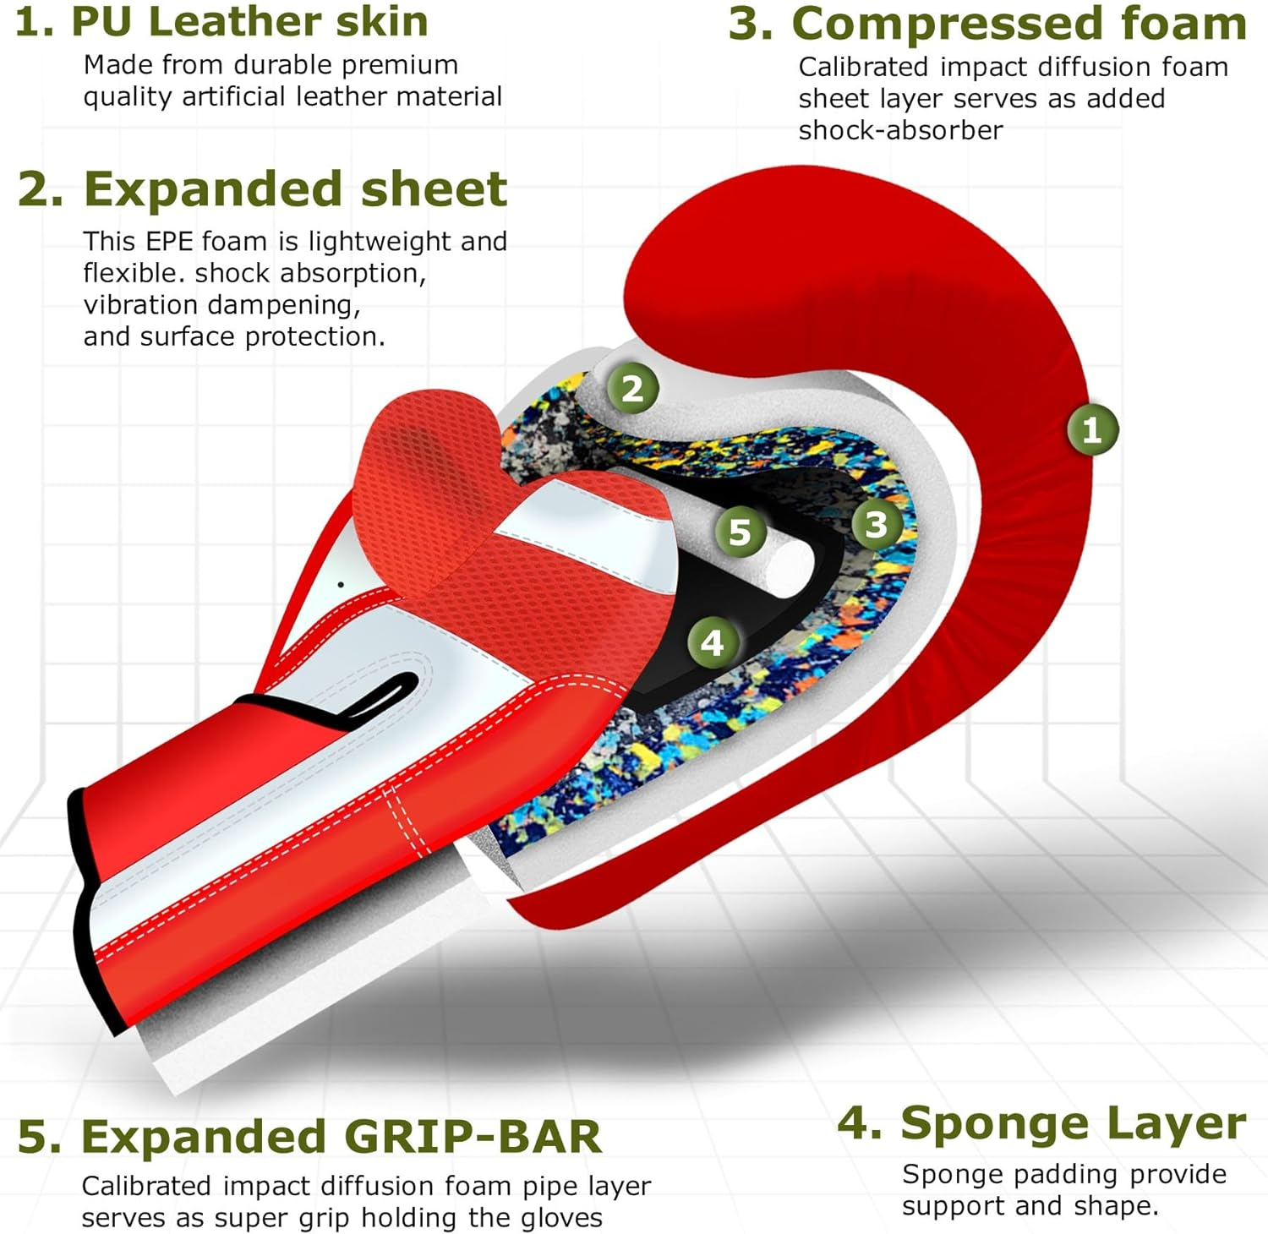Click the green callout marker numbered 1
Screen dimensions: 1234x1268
pyautogui.click(x=1091, y=430)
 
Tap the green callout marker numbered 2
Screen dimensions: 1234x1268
pyautogui.click(x=632, y=389)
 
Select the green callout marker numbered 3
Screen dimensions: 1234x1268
pyautogui.click(x=876, y=525)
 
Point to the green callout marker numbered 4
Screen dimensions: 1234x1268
pyautogui.click(x=713, y=643)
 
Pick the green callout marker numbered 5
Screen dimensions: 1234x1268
pyautogui.click(x=740, y=532)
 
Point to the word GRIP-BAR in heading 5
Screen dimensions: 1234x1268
pyautogui.click(x=473, y=1137)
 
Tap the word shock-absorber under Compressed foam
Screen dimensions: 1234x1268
pyautogui.click(x=900, y=130)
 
